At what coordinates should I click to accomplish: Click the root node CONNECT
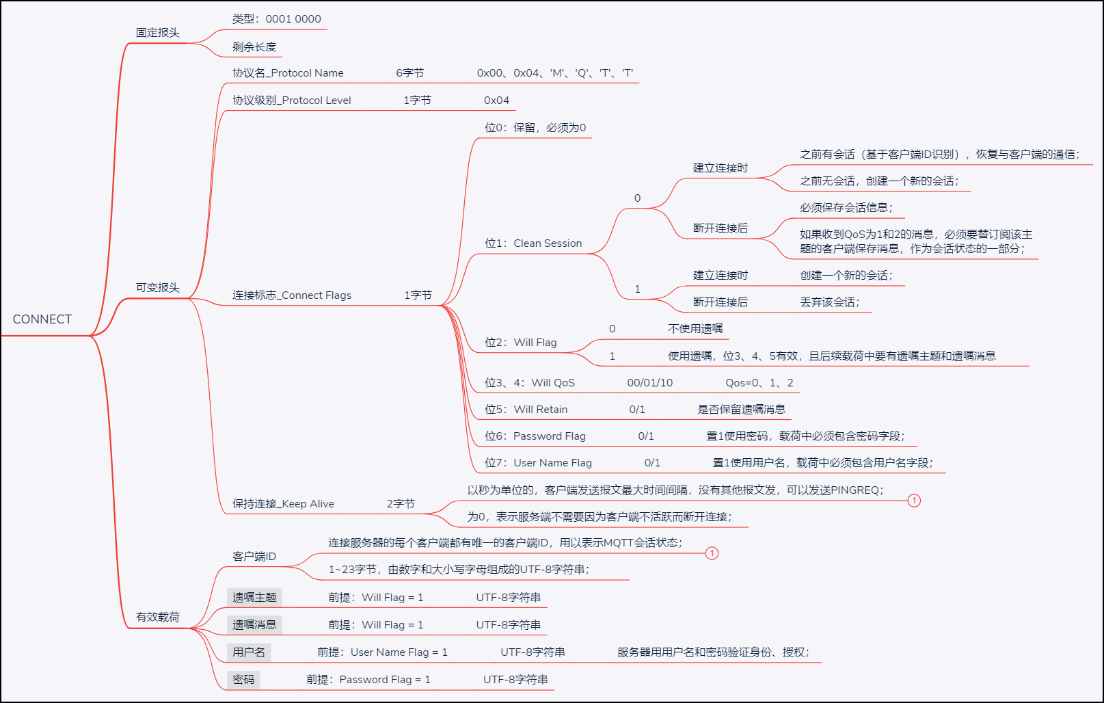pyautogui.click(x=42, y=319)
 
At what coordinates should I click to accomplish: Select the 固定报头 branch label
pyautogui.click(x=157, y=33)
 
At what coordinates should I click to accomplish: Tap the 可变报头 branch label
pyautogui.click(x=157, y=288)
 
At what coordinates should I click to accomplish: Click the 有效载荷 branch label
pyautogui.click(x=157, y=618)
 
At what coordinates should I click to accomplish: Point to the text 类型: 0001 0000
pyautogui.click(x=276, y=19)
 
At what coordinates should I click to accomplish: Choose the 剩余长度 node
pyautogui.click(x=254, y=47)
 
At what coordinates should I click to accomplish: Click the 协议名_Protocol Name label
pyautogui.click(x=288, y=73)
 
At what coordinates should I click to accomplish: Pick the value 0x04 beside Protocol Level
pyautogui.click(x=496, y=101)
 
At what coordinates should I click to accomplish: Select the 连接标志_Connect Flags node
pyautogui.click(x=292, y=295)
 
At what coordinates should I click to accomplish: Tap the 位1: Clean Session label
pyautogui.click(x=533, y=243)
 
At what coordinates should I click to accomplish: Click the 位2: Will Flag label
pyautogui.click(x=521, y=343)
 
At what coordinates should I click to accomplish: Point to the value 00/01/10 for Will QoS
pyautogui.click(x=649, y=383)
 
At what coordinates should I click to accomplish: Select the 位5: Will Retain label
pyautogui.click(x=526, y=410)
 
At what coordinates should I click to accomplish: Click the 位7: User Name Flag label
pyautogui.click(x=538, y=463)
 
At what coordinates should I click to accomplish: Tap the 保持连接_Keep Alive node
pyautogui.click(x=283, y=504)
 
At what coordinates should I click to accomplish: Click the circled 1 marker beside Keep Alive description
pyautogui.click(x=914, y=501)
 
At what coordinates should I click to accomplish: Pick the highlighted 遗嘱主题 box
pyautogui.click(x=254, y=598)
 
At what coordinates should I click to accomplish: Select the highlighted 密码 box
pyautogui.click(x=243, y=680)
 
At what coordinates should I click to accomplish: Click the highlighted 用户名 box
pyautogui.click(x=249, y=652)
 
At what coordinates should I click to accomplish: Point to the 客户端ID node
pyautogui.click(x=254, y=557)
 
